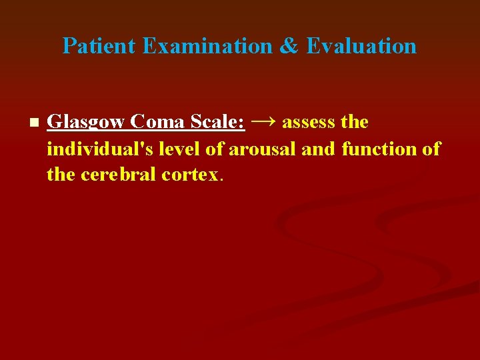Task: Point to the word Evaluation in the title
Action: coord(361,46)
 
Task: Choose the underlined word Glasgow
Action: coord(87,123)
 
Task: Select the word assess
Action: coord(308,123)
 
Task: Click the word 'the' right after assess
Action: coord(354,123)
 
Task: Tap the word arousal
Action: coord(263,149)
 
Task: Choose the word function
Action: coord(380,149)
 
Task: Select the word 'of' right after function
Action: coord(431,149)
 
